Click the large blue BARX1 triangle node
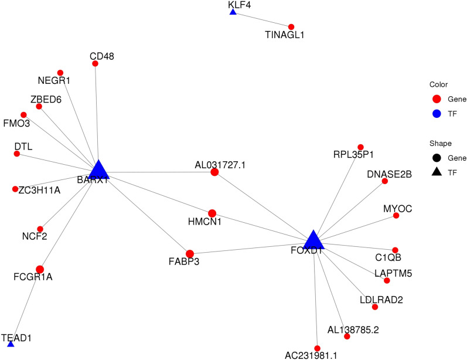[98, 169]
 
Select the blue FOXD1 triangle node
[314, 240]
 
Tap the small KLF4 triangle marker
[233, 12]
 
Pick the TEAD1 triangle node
[11, 344]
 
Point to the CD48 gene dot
[96, 63]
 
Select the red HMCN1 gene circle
[212, 213]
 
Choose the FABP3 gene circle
[190, 254]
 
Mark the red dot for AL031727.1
[214, 172]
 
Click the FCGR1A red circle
[40, 269]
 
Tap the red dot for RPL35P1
[360, 147]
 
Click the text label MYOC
[394, 208]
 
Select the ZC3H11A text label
[39, 190]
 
